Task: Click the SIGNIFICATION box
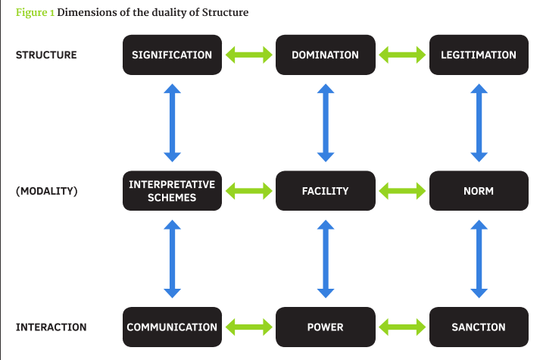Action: point(172,55)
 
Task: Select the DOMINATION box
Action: point(326,55)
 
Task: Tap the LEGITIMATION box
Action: point(479,55)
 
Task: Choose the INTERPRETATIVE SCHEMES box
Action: point(172,190)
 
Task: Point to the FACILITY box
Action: point(326,190)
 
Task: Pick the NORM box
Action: point(479,190)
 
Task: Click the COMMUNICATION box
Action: point(172,327)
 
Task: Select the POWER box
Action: point(326,327)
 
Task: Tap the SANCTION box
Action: point(479,327)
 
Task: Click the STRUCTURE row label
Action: point(46,55)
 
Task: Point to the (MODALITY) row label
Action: point(47,191)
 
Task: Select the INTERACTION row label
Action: point(51,327)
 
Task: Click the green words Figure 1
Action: point(35,12)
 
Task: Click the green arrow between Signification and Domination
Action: point(249,55)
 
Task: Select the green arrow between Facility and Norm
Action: point(402,191)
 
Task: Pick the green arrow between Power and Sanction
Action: point(402,327)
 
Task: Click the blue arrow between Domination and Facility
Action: point(326,123)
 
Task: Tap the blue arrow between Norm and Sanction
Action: point(479,259)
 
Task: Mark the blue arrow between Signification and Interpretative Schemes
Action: point(172,123)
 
